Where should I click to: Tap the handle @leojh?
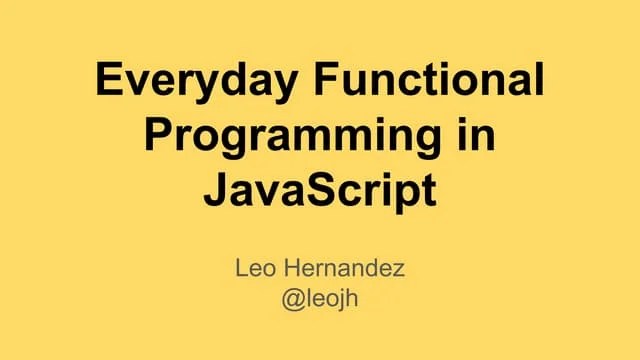[x=320, y=299]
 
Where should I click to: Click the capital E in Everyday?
[x=108, y=81]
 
